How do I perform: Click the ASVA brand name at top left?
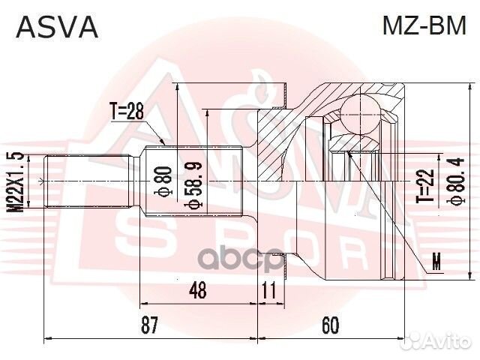pos(57,28)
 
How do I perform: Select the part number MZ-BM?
pos(424,28)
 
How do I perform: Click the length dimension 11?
pos(268,289)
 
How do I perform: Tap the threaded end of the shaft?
pos(75,183)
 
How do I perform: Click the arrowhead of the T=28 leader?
pos(167,143)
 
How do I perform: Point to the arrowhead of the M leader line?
pos(349,154)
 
